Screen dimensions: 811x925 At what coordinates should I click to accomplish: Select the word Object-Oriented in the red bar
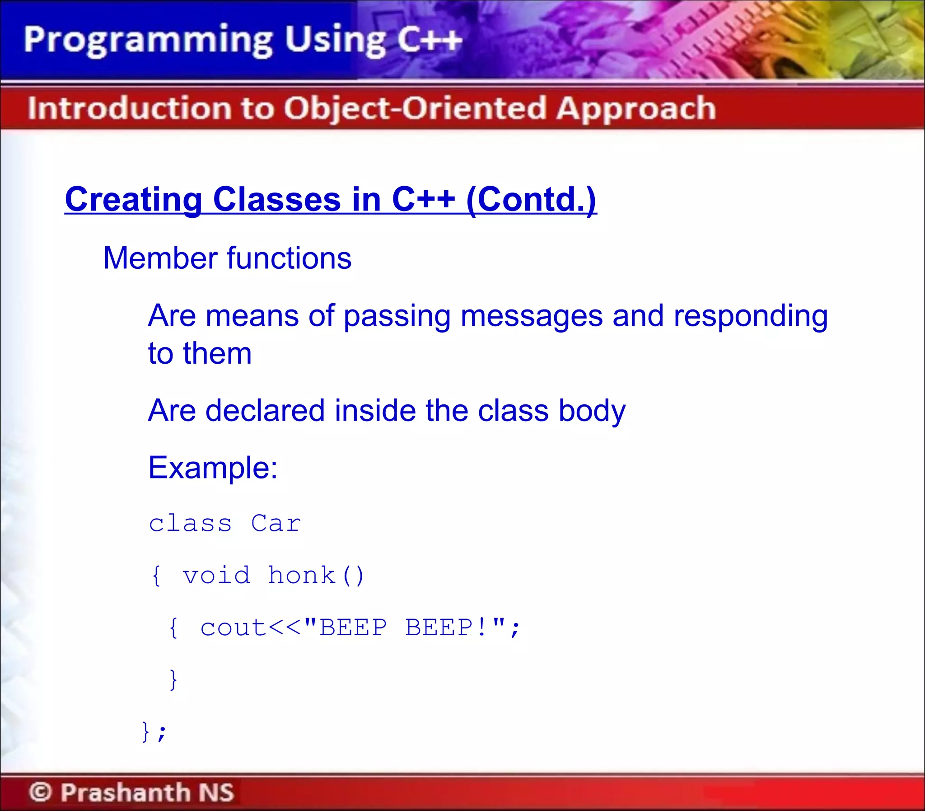point(415,109)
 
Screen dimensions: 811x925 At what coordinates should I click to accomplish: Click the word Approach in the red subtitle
point(635,109)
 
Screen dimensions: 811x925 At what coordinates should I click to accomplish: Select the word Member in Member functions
point(161,258)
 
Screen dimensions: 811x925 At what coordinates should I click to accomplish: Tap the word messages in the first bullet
point(531,315)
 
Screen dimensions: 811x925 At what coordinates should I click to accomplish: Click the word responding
point(750,316)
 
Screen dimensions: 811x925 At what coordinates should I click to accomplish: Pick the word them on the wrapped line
point(217,353)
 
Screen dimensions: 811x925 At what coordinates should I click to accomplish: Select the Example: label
point(213,468)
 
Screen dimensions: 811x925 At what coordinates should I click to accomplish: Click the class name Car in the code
point(276,524)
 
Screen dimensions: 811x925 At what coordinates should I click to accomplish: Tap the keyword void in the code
point(216,576)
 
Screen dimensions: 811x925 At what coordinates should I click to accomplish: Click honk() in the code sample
point(316,576)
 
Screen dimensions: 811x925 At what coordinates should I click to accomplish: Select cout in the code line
point(233,628)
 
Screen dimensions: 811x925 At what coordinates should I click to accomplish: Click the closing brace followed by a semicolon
point(154,731)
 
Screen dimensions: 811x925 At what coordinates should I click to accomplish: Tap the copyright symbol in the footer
point(41,792)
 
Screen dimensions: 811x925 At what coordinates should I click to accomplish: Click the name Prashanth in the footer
point(125,792)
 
